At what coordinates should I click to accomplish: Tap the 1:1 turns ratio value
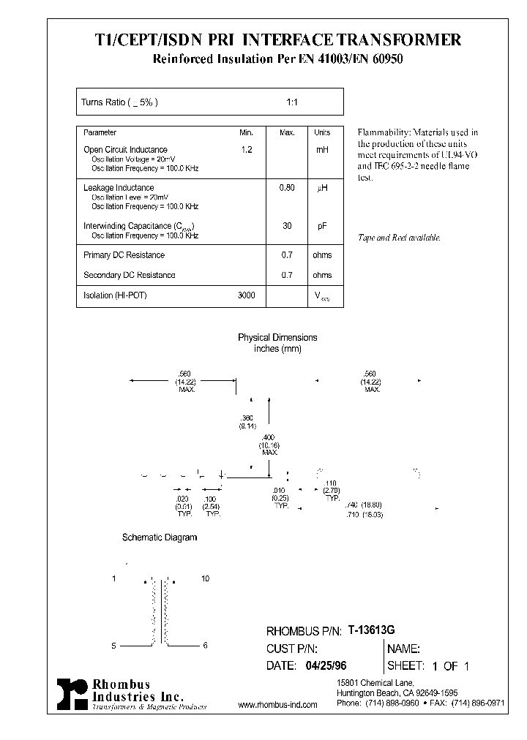(x=291, y=102)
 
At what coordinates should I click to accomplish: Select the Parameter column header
(x=100, y=133)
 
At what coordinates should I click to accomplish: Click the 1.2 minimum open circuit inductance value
(x=246, y=149)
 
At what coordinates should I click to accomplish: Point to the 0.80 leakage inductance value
(x=287, y=188)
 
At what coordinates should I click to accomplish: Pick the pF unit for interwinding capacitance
(x=322, y=227)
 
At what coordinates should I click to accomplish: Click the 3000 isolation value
(x=247, y=295)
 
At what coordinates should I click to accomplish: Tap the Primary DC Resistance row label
(x=124, y=255)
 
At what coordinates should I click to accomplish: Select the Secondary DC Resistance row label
(x=130, y=275)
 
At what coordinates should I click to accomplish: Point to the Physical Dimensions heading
(x=277, y=338)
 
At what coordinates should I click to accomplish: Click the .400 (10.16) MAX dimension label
(x=269, y=445)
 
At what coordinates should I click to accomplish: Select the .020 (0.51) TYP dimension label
(x=183, y=507)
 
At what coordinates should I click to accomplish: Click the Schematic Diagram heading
(x=160, y=537)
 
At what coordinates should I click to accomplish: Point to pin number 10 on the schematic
(x=205, y=578)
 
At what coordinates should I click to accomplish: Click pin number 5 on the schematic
(x=113, y=646)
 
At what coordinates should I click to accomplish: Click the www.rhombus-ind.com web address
(x=278, y=705)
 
